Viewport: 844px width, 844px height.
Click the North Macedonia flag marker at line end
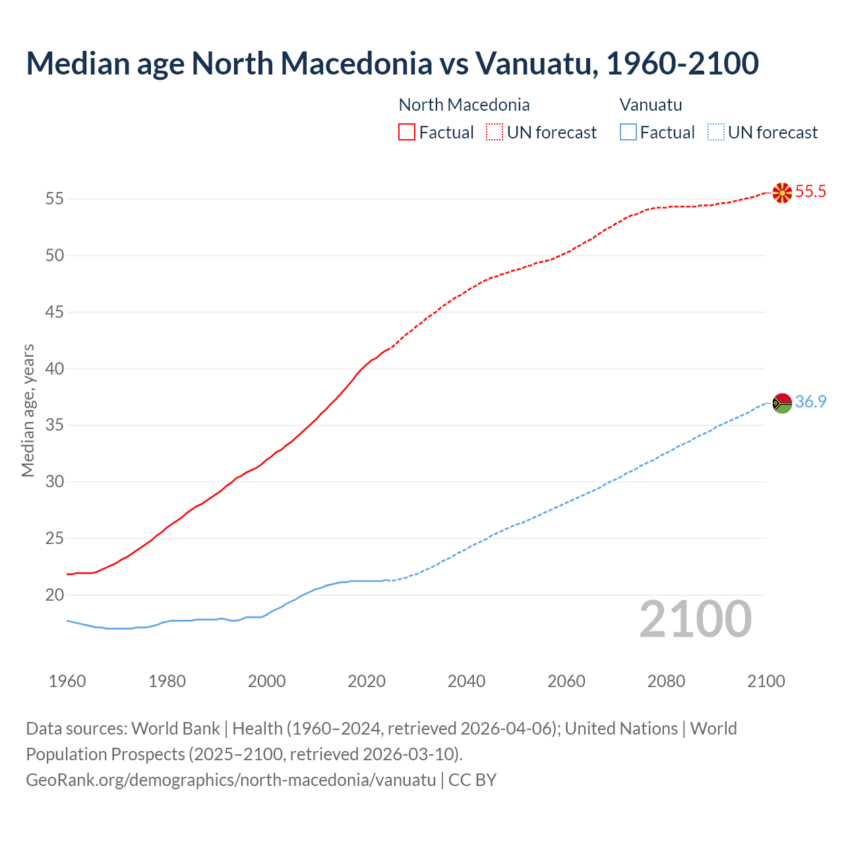(782, 193)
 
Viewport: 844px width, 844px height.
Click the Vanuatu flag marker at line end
(782, 402)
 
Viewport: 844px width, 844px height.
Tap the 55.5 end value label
(810, 192)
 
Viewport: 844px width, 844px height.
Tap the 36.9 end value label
(810, 402)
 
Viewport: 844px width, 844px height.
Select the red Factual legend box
(407, 132)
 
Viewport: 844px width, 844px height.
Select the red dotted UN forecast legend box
(495, 132)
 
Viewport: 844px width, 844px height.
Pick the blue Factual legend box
(628, 132)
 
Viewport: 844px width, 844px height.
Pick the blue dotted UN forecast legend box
(715, 132)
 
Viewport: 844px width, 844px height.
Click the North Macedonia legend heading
(464, 105)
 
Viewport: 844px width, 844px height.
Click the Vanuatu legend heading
(651, 105)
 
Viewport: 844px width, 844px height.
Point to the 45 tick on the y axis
(55, 312)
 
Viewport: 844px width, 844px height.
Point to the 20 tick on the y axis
(55, 595)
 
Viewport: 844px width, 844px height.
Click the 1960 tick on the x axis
(67, 681)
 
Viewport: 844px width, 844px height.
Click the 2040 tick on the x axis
(466, 681)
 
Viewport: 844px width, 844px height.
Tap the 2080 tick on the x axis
(666, 681)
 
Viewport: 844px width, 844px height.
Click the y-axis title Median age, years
(28, 410)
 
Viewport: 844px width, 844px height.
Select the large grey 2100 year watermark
(695, 618)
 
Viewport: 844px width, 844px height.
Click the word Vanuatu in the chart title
(536, 63)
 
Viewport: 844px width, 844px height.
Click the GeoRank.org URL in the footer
(231, 779)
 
